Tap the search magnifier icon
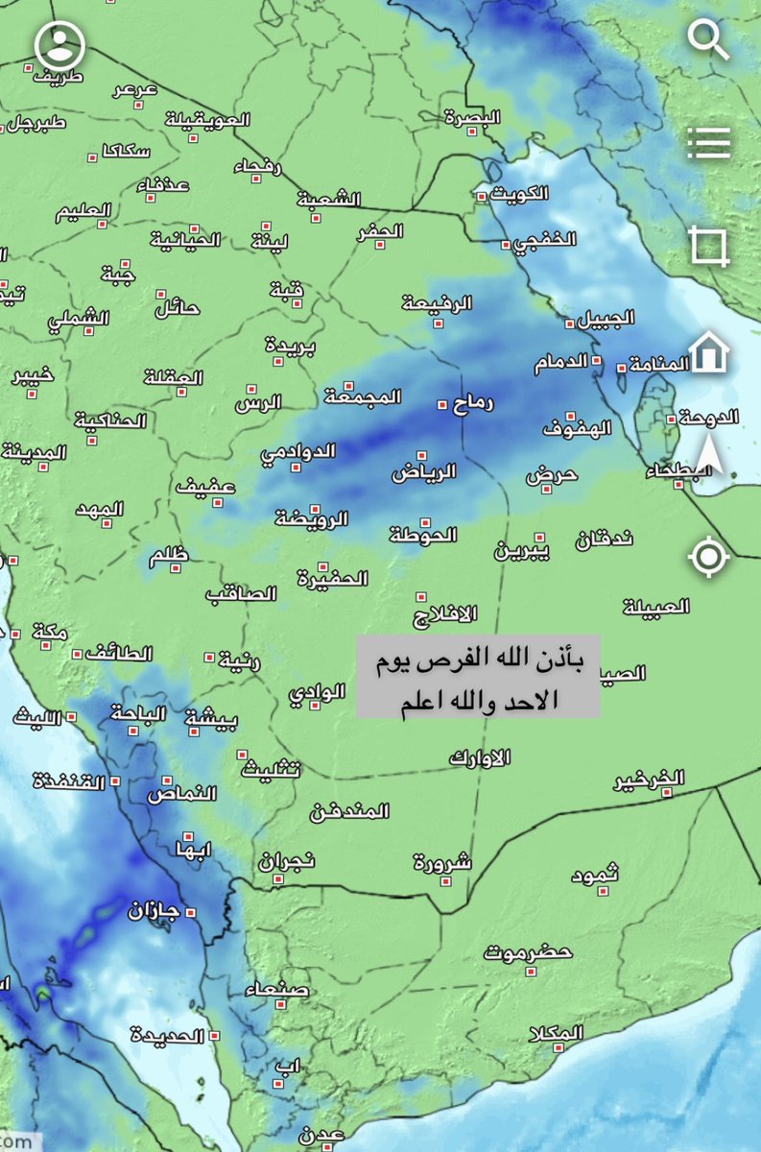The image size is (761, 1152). (x=710, y=40)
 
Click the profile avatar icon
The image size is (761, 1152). (x=59, y=44)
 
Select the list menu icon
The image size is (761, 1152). (x=709, y=143)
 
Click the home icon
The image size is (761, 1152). (x=709, y=352)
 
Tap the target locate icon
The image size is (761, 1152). (x=709, y=557)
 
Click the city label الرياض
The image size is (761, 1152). (x=423, y=471)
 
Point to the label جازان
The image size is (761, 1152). (x=155, y=909)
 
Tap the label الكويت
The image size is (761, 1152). (x=519, y=193)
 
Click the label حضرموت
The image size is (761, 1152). (x=528, y=952)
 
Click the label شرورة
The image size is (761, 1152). (x=442, y=861)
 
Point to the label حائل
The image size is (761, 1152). (x=177, y=308)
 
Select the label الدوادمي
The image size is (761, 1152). (x=298, y=451)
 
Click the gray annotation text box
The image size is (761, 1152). (x=479, y=675)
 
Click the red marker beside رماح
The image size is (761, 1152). (x=442, y=404)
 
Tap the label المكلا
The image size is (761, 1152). (x=556, y=1033)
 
